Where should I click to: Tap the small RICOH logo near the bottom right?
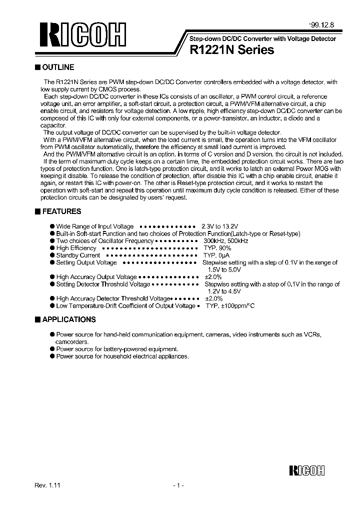[x=307, y=470]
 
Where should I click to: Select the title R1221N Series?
[x=231, y=50]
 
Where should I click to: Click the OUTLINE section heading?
[x=58, y=67]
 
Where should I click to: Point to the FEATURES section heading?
[x=61, y=211]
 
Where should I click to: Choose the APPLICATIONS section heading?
[x=68, y=319]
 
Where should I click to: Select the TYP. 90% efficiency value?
[x=217, y=248]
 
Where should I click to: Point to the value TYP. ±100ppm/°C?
[x=230, y=306]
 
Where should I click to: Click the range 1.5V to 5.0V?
[x=222, y=269]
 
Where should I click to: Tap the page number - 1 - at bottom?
[x=178, y=485]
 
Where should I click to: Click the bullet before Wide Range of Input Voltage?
[x=52, y=226]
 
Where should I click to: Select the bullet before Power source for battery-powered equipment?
[x=52, y=349]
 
